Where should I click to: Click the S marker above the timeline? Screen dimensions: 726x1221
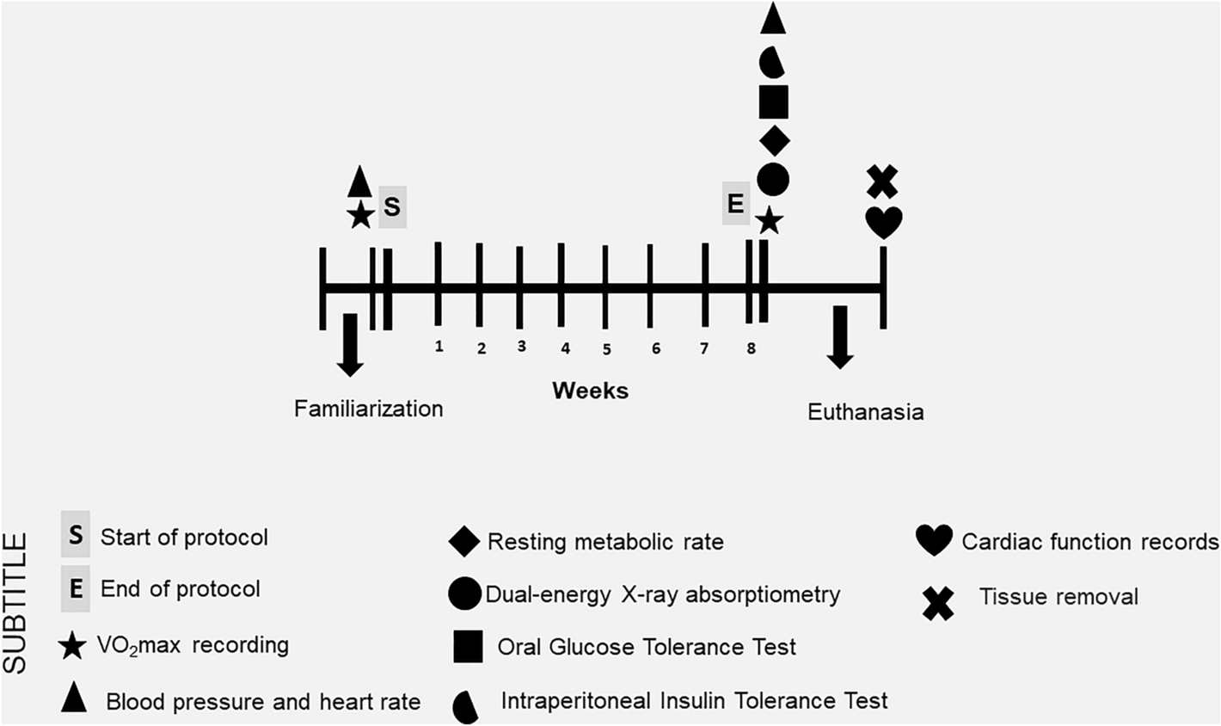pyautogui.click(x=392, y=208)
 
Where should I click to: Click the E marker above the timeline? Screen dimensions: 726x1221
pyautogui.click(x=735, y=205)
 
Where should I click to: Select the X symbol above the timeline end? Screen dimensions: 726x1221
pyautogui.click(x=882, y=181)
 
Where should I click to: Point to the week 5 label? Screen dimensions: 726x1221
pyautogui.click(x=606, y=349)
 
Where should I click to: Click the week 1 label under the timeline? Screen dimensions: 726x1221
pyautogui.click(x=439, y=346)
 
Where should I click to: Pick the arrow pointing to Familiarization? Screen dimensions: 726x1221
pyautogui.click(x=349, y=344)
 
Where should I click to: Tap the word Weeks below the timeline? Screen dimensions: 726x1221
pyautogui.click(x=590, y=391)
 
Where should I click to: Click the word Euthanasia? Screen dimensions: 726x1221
pyautogui.click(x=866, y=412)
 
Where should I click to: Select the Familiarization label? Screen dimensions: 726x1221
pyautogui.click(x=369, y=408)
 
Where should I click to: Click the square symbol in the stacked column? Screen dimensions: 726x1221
pyautogui.click(x=774, y=101)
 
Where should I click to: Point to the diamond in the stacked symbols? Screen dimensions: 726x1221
pyautogui.click(x=774, y=139)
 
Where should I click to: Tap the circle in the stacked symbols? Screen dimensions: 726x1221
pyautogui.click(x=774, y=179)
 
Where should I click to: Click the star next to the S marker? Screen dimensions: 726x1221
pyautogui.click(x=360, y=215)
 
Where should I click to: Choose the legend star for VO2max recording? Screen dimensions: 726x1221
pyautogui.click(x=73, y=647)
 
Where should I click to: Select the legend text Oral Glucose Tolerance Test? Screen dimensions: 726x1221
pyautogui.click(x=647, y=647)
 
